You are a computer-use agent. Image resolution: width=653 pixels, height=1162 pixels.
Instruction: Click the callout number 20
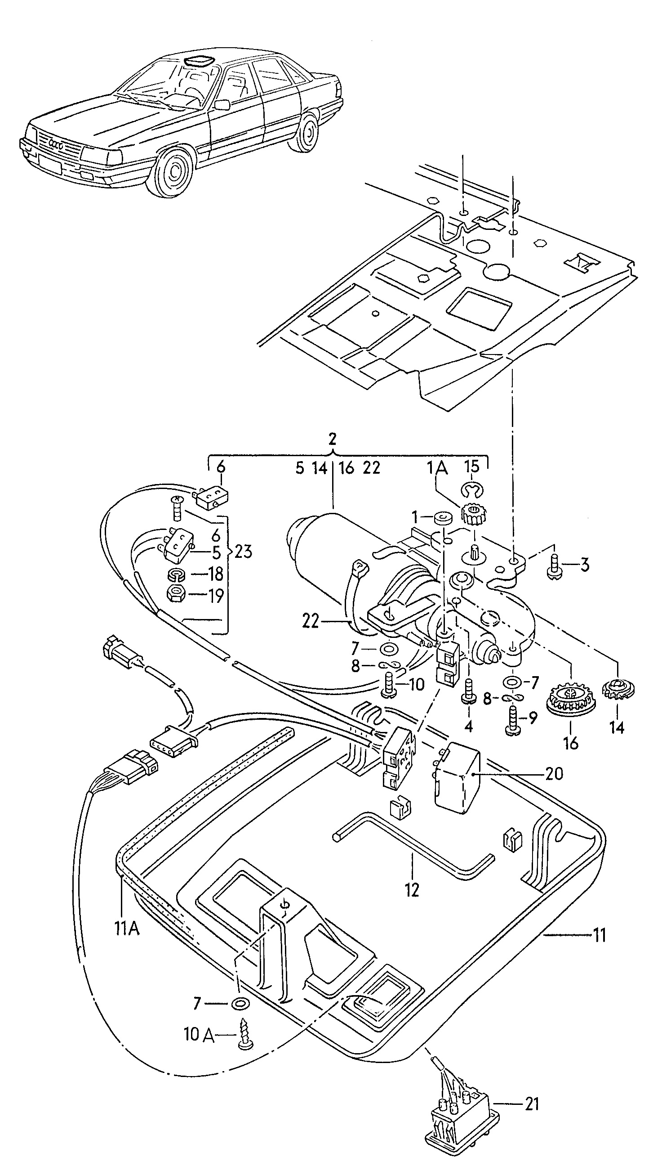(x=554, y=774)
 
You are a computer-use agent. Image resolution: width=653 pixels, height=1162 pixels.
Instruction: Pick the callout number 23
(x=243, y=552)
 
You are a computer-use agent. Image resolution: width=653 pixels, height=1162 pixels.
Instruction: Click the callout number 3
(x=585, y=565)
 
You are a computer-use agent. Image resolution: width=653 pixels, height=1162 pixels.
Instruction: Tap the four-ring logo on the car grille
(x=56, y=144)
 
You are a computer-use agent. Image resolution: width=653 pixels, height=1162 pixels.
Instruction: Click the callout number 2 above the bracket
(x=333, y=439)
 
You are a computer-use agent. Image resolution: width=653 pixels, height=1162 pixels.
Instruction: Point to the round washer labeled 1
(x=443, y=519)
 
